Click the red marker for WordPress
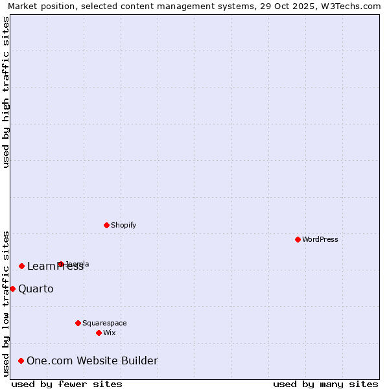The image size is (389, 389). (298, 239)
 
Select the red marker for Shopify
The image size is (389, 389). (106, 225)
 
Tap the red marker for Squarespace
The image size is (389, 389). (78, 323)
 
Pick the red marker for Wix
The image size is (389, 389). (99, 333)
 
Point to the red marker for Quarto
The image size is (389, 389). (12, 289)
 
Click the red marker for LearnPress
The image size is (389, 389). (21, 266)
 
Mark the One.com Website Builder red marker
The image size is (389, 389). (21, 360)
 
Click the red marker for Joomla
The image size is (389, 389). (60, 264)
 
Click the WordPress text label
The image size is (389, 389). (320, 239)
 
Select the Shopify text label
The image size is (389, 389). (123, 225)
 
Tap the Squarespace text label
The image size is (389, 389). (104, 323)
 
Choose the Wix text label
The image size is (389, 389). (109, 333)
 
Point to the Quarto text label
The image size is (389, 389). (36, 289)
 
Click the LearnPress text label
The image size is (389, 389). (55, 266)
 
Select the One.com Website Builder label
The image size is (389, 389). (92, 360)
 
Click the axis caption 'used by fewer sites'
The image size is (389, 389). (67, 384)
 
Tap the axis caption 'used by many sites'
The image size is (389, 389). (325, 384)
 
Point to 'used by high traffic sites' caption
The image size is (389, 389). (6, 92)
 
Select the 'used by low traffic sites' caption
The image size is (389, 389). (6, 303)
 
